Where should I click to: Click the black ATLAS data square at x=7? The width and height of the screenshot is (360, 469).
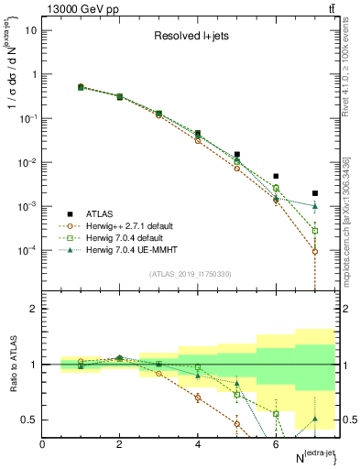[x=315, y=193]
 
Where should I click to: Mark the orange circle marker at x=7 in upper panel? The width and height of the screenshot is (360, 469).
[x=315, y=251]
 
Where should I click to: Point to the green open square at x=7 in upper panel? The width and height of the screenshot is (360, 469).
[x=315, y=231]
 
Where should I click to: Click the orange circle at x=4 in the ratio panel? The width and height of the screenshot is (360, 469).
[x=198, y=398]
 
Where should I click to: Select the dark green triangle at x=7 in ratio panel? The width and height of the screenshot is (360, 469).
[x=315, y=419]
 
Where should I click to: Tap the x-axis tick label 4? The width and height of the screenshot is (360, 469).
[x=198, y=444]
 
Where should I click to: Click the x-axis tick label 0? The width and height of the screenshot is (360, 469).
[x=42, y=444]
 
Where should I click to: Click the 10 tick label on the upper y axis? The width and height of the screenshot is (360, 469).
[x=29, y=30]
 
